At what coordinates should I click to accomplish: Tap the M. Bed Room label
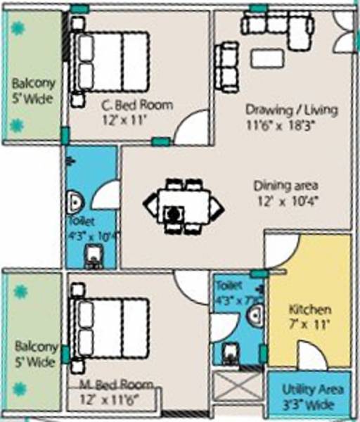point(115,384)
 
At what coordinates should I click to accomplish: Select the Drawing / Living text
point(291,110)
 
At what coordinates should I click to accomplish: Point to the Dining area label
point(286,186)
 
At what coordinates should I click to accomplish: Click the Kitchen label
point(310,310)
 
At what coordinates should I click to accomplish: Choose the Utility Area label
point(312,389)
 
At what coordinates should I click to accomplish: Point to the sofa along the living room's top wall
point(276,26)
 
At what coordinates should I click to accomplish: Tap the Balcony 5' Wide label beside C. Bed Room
point(32,93)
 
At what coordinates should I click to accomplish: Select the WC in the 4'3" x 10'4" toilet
point(93,257)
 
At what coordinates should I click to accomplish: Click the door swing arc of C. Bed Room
point(190,128)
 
